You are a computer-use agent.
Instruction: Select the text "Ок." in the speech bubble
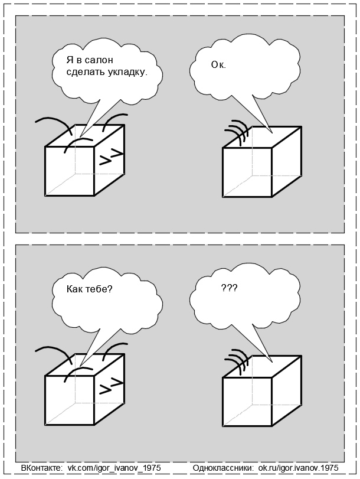tap(218, 66)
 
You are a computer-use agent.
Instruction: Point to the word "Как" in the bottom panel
tap(76, 290)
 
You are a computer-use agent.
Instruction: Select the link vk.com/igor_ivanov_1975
tap(114, 467)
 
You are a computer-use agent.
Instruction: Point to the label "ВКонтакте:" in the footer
tap(41, 467)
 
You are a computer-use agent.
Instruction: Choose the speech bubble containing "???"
tap(245, 295)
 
